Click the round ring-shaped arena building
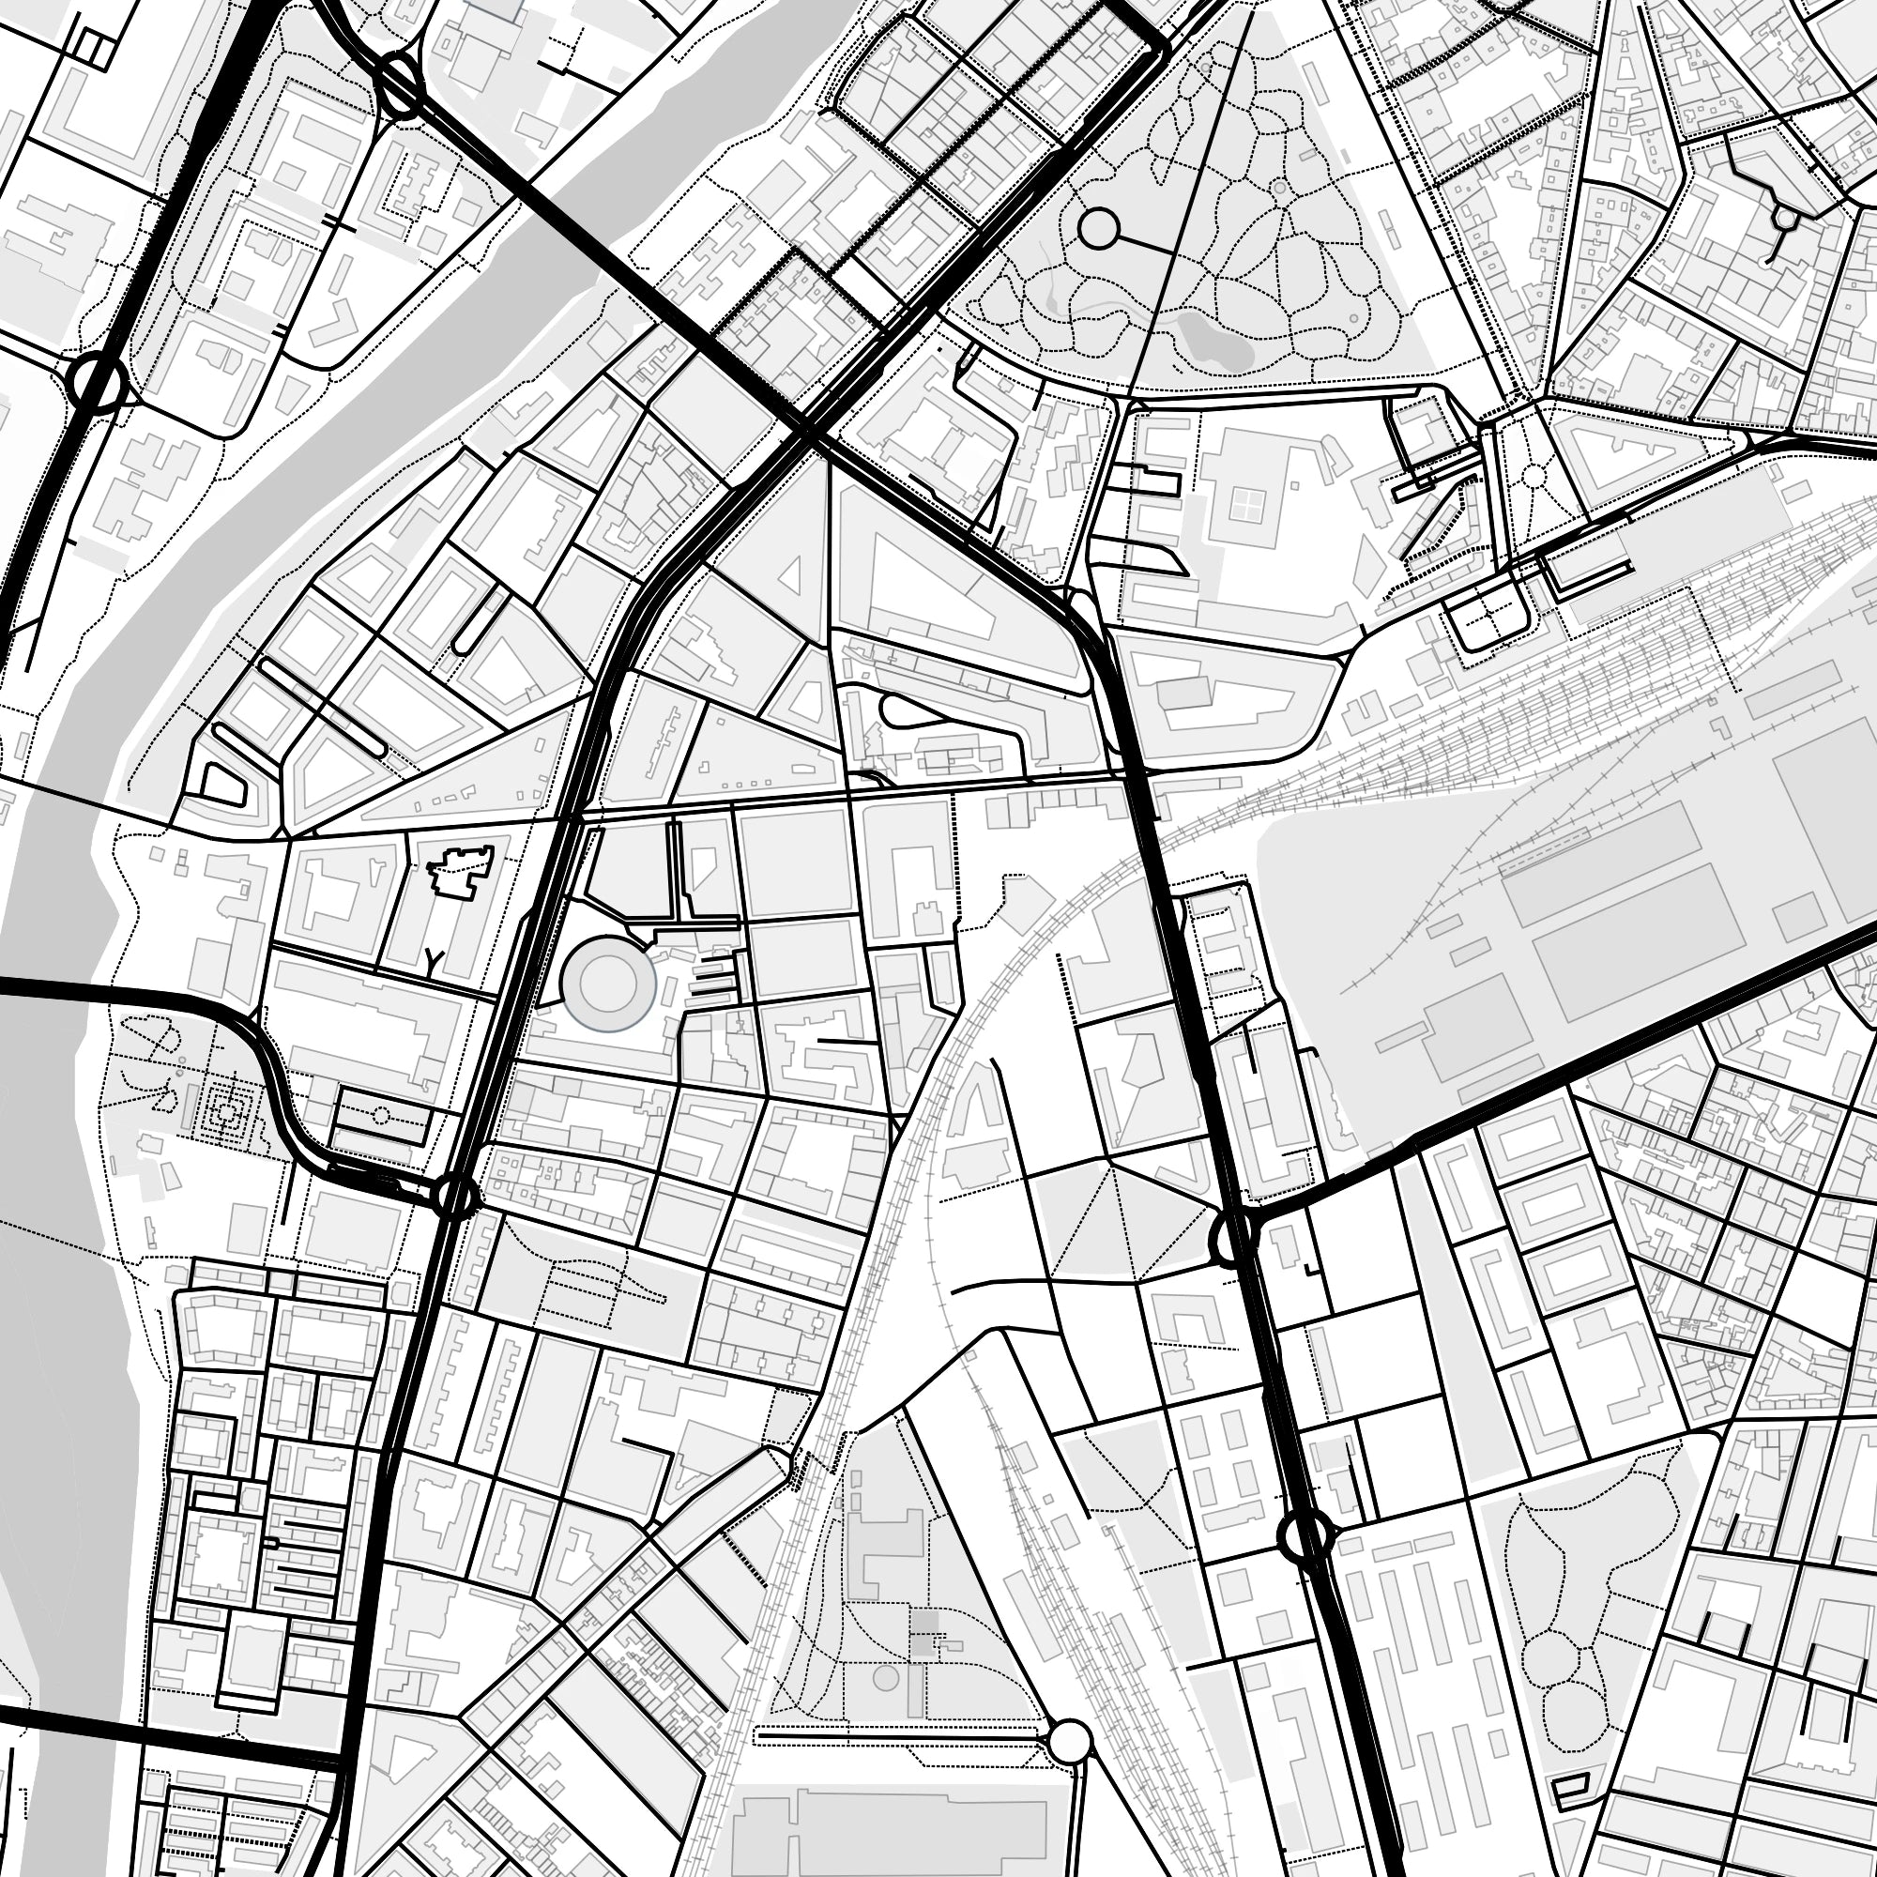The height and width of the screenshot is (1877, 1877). coord(609,984)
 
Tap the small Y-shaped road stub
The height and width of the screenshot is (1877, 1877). coord(435,961)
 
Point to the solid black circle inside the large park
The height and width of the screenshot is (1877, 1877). coord(1099,230)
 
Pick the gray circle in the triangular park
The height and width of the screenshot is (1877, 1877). coord(885,1676)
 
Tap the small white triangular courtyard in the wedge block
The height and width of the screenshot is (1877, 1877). coord(791,575)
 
